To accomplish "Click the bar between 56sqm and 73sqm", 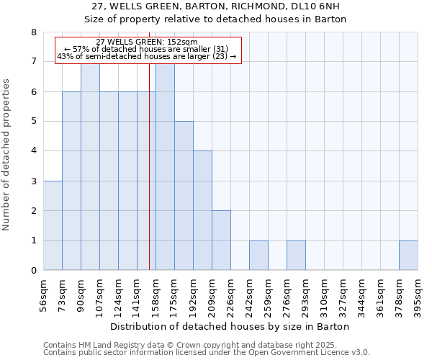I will tap(53, 225).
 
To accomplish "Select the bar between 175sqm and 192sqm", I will tap(184, 196).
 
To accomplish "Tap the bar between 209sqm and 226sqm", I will tap(221, 240).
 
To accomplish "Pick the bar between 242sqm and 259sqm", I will tap(258, 256).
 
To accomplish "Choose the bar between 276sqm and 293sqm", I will tap(296, 256).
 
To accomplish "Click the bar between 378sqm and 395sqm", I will tap(408, 256).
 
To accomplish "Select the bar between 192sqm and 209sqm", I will tap(202, 210).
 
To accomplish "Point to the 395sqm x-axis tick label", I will tap(418, 296).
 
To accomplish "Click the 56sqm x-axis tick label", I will tap(43, 296).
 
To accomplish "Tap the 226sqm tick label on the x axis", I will tap(230, 296).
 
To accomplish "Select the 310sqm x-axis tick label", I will tap(324, 296).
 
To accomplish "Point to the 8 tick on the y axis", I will tap(33, 32).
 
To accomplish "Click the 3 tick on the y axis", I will tap(33, 181).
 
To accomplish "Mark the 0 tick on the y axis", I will tap(33, 271).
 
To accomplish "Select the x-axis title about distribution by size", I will tap(230, 327).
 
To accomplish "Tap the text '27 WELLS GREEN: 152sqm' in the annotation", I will tap(147, 42).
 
